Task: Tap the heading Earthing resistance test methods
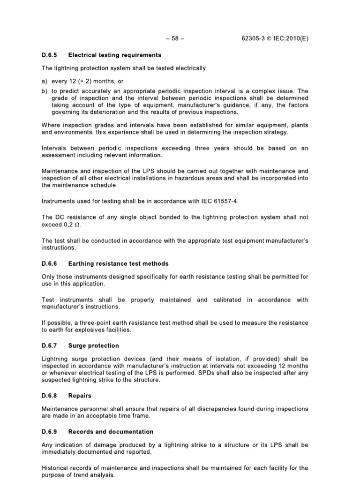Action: pos(118,263)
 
